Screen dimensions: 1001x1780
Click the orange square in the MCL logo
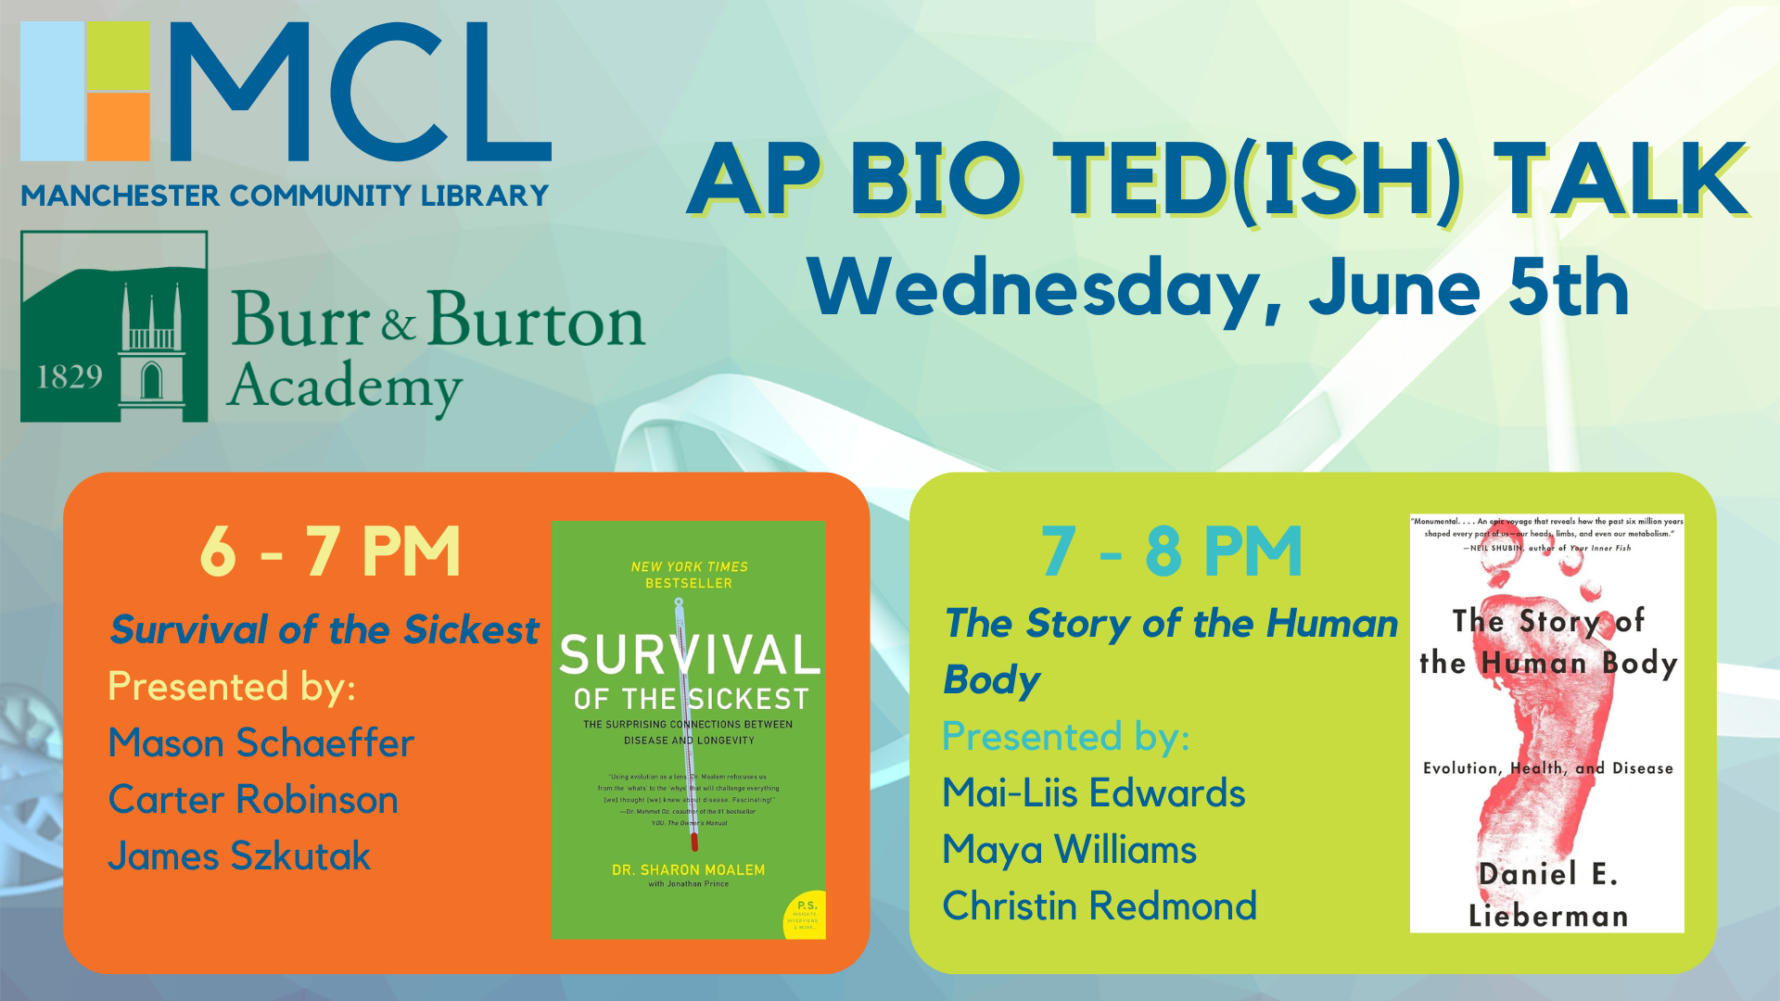click(118, 126)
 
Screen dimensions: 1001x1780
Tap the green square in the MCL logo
click(118, 56)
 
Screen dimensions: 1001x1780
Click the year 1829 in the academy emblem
click(70, 377)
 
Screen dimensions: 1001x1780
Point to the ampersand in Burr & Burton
click(398, 324)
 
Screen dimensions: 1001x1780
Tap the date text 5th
click(1568, 289)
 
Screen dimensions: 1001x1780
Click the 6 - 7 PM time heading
click(330, 551)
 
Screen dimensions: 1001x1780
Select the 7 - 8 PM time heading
click(1171, 551)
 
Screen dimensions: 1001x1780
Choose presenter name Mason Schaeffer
click(261, 743)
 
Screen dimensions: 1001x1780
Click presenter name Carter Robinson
click(253, 800)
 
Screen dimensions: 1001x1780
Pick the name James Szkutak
click(239, 856)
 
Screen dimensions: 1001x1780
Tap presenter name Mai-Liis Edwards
click(1093, 793)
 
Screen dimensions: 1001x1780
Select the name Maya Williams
click(1069, 850)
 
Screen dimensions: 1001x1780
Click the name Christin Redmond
click(1100, 906)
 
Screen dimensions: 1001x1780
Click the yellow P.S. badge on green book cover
click(805, 915)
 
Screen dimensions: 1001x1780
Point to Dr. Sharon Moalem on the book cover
click(688, 870)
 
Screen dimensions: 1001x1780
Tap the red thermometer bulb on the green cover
click(693, 842)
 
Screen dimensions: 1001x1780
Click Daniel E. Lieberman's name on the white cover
click(1547, 894)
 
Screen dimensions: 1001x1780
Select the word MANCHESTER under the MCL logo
click(120, 196)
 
